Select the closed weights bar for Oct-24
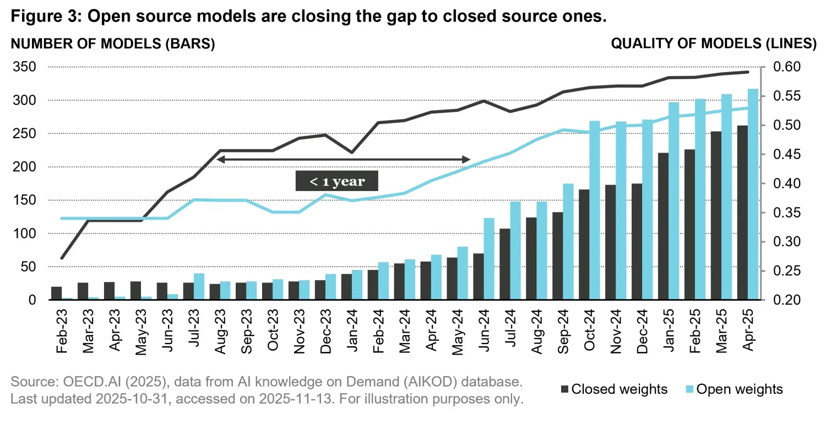[584, 245]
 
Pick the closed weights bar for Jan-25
[663, 226]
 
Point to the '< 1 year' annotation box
[338, 181]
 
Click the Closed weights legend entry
[613, 389]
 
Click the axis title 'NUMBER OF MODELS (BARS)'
[113, 44]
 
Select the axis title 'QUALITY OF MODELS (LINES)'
[714, 44]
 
